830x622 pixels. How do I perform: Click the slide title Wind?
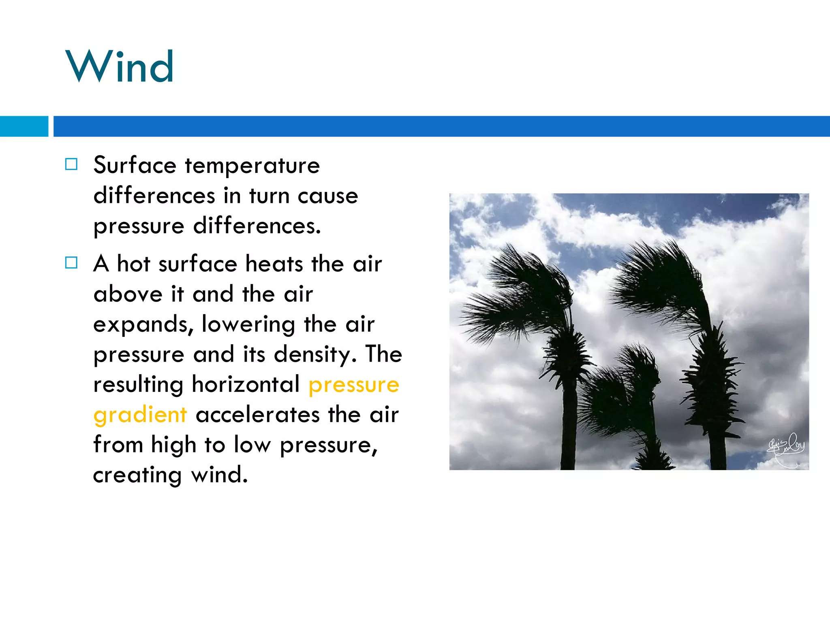pyautogui.click(x=120, y=66)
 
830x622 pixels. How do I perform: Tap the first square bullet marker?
pyautogui.click(x=71, y=164)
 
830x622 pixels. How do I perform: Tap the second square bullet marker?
pyautogui.click(x=71, y=263)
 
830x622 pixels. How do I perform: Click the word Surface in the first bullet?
pyautogui.click(x=135, y=165)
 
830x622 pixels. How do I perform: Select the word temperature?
pyautogui.click(x=252, y=166)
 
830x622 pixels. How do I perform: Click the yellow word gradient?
pyautogui.click(x=140, y=415)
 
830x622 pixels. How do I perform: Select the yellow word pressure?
pyautogui.click(x=353, y=385)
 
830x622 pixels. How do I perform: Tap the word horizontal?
pyautogui.click(x=246, y=384)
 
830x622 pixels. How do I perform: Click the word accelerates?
pyautogui.click(x=258, y=415)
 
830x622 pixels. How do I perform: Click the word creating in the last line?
pyautogui.click(x=137, y=475)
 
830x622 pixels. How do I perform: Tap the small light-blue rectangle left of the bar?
pyautogui.click(x=24, y=126)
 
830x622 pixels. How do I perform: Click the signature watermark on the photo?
pyautogui.click(x=785, y=448)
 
